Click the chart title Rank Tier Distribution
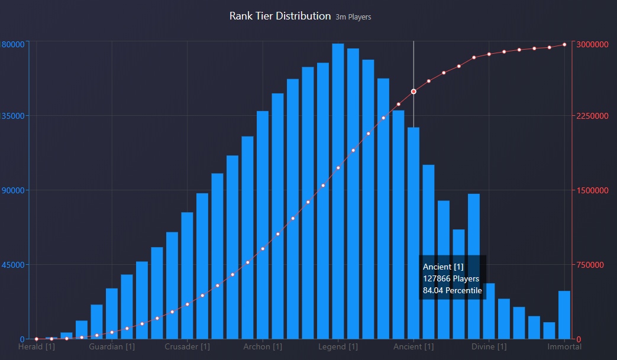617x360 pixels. click(x=280, y=16)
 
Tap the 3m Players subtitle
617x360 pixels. click(x=353, y=17)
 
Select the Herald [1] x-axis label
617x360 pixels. click(x=37, y=346)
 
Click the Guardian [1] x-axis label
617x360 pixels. click(x=112, y=346)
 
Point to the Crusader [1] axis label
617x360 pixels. click(x=187, y=346)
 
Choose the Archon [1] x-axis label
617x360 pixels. click(x=263, y=346)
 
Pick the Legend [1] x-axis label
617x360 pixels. click(x=338, y=346)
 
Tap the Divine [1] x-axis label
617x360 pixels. click(x=489, y=346)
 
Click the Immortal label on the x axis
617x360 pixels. click(x=564, y=346)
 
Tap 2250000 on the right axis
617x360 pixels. click(x=593, y=116)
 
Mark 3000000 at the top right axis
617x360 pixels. click(x=593, y=44)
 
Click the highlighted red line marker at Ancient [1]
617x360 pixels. click(x=414, y=92)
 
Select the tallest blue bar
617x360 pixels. click(x=338, y=189)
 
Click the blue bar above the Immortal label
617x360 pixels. click(x=564, y=314)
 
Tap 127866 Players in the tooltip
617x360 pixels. click(x=451, y=278)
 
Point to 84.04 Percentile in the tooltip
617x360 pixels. click(x=452, y=290)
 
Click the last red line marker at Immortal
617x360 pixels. click(x=564, y=44)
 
